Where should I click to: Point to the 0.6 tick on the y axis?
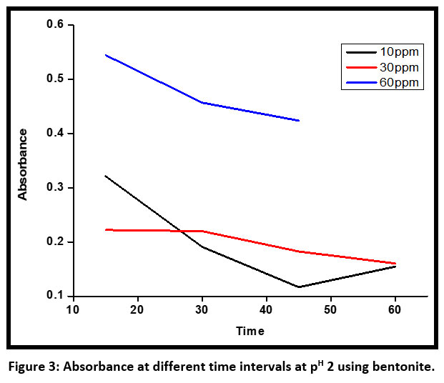pyautogui.click(x=55, y=25)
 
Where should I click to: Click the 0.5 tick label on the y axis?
pyautogui.click(x=55, y=79)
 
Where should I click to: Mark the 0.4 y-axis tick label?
pyautogui.click(x=55, y=134)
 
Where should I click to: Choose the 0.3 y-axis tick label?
pyautogui.click(x=55, y=188)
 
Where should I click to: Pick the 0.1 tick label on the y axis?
pyautogui.click(x=55, y=296)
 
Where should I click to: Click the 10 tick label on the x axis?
pyautogui.click(x=72, y=309)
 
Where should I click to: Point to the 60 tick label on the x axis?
pyautogui.click(x=395, y=309)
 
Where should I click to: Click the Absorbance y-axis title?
pyautogui.click(x=24, y=164)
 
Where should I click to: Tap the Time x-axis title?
pyautogui.click(x=251, y=332)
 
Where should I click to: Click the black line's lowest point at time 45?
pyautogui.click(x=298, y=287)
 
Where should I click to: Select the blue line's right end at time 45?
pyautogui.click(x=298, y=120)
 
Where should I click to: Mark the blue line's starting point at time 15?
pyautogui.click(x=105, y=55)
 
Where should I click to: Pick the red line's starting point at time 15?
pyautogui.click(x=105, y=229)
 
